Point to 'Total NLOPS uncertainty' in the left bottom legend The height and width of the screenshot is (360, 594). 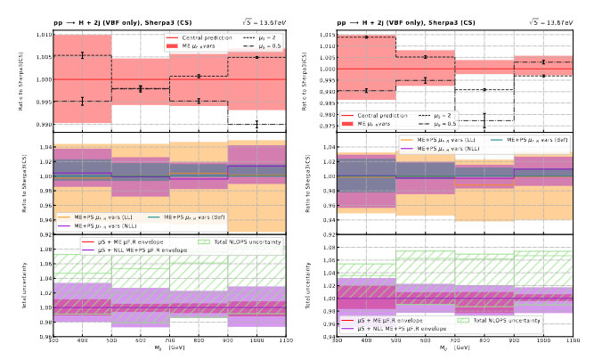[x=246, y=241]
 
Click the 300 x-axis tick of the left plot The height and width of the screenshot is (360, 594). [x=53, y=342]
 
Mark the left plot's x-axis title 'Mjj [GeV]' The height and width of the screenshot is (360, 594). [x=170, y=351]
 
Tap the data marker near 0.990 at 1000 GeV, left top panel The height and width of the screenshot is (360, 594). [x=257, y=124]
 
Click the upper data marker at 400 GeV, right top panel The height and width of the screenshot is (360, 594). [x=365, y=37]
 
